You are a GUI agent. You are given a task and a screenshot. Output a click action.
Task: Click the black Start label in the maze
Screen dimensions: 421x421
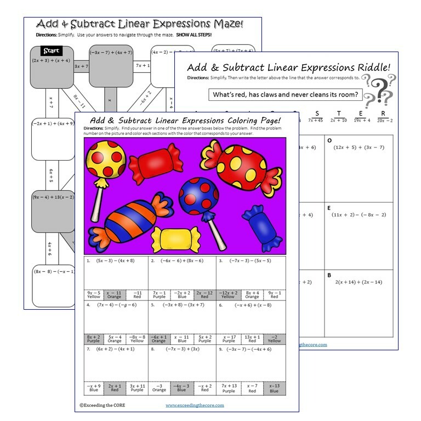tap(47, 52)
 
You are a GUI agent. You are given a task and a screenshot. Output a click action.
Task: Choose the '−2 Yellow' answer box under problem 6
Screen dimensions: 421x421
tap(274, 339)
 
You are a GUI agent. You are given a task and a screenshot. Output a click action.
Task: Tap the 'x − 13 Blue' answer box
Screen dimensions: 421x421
tap(274, 389)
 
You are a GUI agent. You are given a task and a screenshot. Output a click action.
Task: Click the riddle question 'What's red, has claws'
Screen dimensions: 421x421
tap(285, 95)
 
